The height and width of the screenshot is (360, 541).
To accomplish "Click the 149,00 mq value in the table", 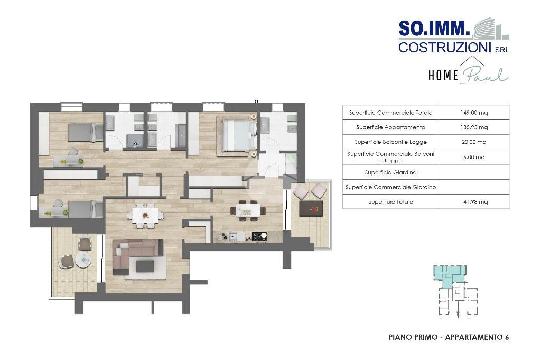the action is (474, 113).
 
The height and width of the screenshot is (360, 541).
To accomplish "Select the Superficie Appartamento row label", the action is (390, 127).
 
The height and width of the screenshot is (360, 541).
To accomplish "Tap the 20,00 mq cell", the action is (474, 142).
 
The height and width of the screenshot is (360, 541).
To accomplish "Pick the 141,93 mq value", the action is (474, 201).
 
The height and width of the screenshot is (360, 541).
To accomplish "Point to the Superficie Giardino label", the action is (390, 172).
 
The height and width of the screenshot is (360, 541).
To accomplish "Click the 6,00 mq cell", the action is (474, 157).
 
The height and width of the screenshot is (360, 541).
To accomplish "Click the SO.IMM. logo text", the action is (434, 29).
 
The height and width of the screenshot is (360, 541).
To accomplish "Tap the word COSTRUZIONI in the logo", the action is (445, 47).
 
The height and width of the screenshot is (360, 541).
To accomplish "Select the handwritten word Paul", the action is (485, 75).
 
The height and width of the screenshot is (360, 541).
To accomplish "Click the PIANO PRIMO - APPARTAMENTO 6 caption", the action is (449, 337).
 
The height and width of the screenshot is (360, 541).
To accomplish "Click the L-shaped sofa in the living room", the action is (137, 255).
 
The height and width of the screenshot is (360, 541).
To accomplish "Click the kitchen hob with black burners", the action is (259, 236).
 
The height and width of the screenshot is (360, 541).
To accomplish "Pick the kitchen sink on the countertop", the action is (233, 237).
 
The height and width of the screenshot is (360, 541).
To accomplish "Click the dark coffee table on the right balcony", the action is (311, 209).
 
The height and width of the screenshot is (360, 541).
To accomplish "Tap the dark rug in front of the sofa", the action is (145, 266).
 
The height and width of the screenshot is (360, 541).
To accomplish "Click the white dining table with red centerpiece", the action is (145, 215).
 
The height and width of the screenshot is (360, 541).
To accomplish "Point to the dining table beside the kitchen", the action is (248, 210).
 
